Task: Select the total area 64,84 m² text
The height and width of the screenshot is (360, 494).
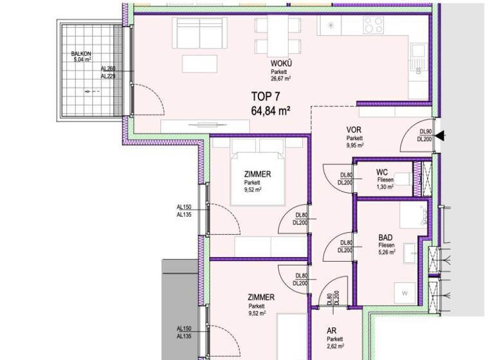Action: [270, 110]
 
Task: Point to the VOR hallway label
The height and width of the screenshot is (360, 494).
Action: [354, 129]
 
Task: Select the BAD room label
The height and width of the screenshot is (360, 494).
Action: [387, 237]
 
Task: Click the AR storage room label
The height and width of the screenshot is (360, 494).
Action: [334, 331]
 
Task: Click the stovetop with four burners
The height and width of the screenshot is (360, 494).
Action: [374, 25]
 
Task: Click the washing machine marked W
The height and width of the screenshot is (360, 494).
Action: [405, 293]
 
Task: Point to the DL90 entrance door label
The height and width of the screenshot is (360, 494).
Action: [424, 132]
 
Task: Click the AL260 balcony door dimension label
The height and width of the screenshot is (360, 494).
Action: [107, 69]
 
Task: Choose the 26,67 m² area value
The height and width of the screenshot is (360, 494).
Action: [281, 78]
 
